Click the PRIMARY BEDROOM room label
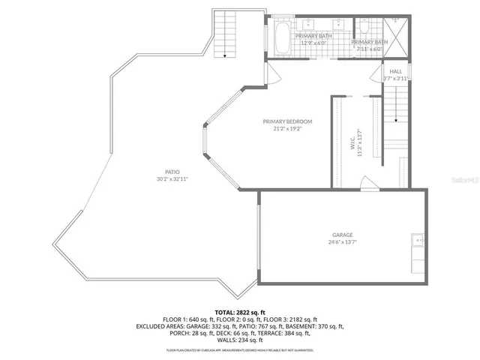287,121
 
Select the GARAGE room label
343,235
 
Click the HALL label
396,71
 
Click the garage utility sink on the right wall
418,242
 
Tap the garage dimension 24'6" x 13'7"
343,242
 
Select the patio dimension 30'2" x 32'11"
172,179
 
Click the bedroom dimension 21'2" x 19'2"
287,129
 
